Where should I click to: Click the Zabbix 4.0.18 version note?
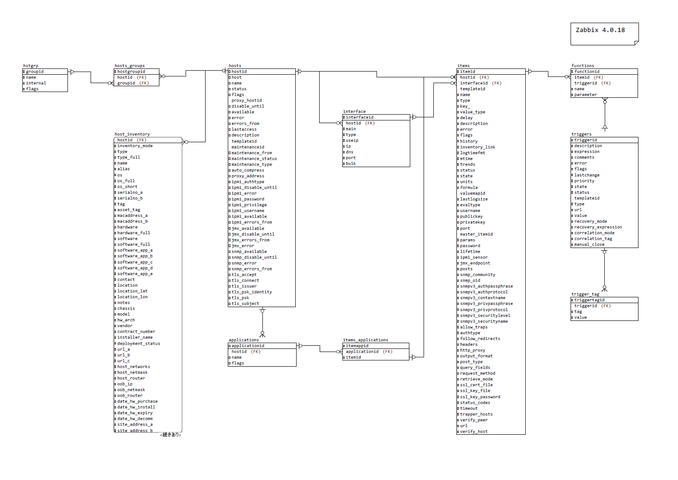click(x=600, y=30)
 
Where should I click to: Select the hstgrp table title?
click(x=31, y=66)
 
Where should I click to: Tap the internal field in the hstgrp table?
click(x=36, y=83)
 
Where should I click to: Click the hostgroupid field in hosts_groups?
click(x=131, y=72)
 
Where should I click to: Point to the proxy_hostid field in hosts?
click(x=246, y=100)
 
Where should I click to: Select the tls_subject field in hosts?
click(x=245, y=304)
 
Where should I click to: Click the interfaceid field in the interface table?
click(x=360, y=117)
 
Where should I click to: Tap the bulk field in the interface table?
click(x=351, y=164)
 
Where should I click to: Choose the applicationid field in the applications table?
click(x=248, y=346)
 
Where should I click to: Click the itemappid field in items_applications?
click(x=357, y=346)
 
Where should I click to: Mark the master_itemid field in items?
click(x=476, y=234)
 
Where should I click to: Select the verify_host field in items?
click(x=474, y=432)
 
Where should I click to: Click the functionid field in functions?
click(x=587, y=72)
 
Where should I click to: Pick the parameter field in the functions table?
click(x=585, y=95)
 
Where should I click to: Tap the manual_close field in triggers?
click(x=589, y=244)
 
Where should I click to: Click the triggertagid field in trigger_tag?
click(x=589, y=300)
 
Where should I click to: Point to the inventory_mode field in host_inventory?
click(x=135, y=146)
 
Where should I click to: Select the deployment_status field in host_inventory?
click(x=139, y=344)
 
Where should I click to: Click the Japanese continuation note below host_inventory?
click(x=171, y=435)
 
